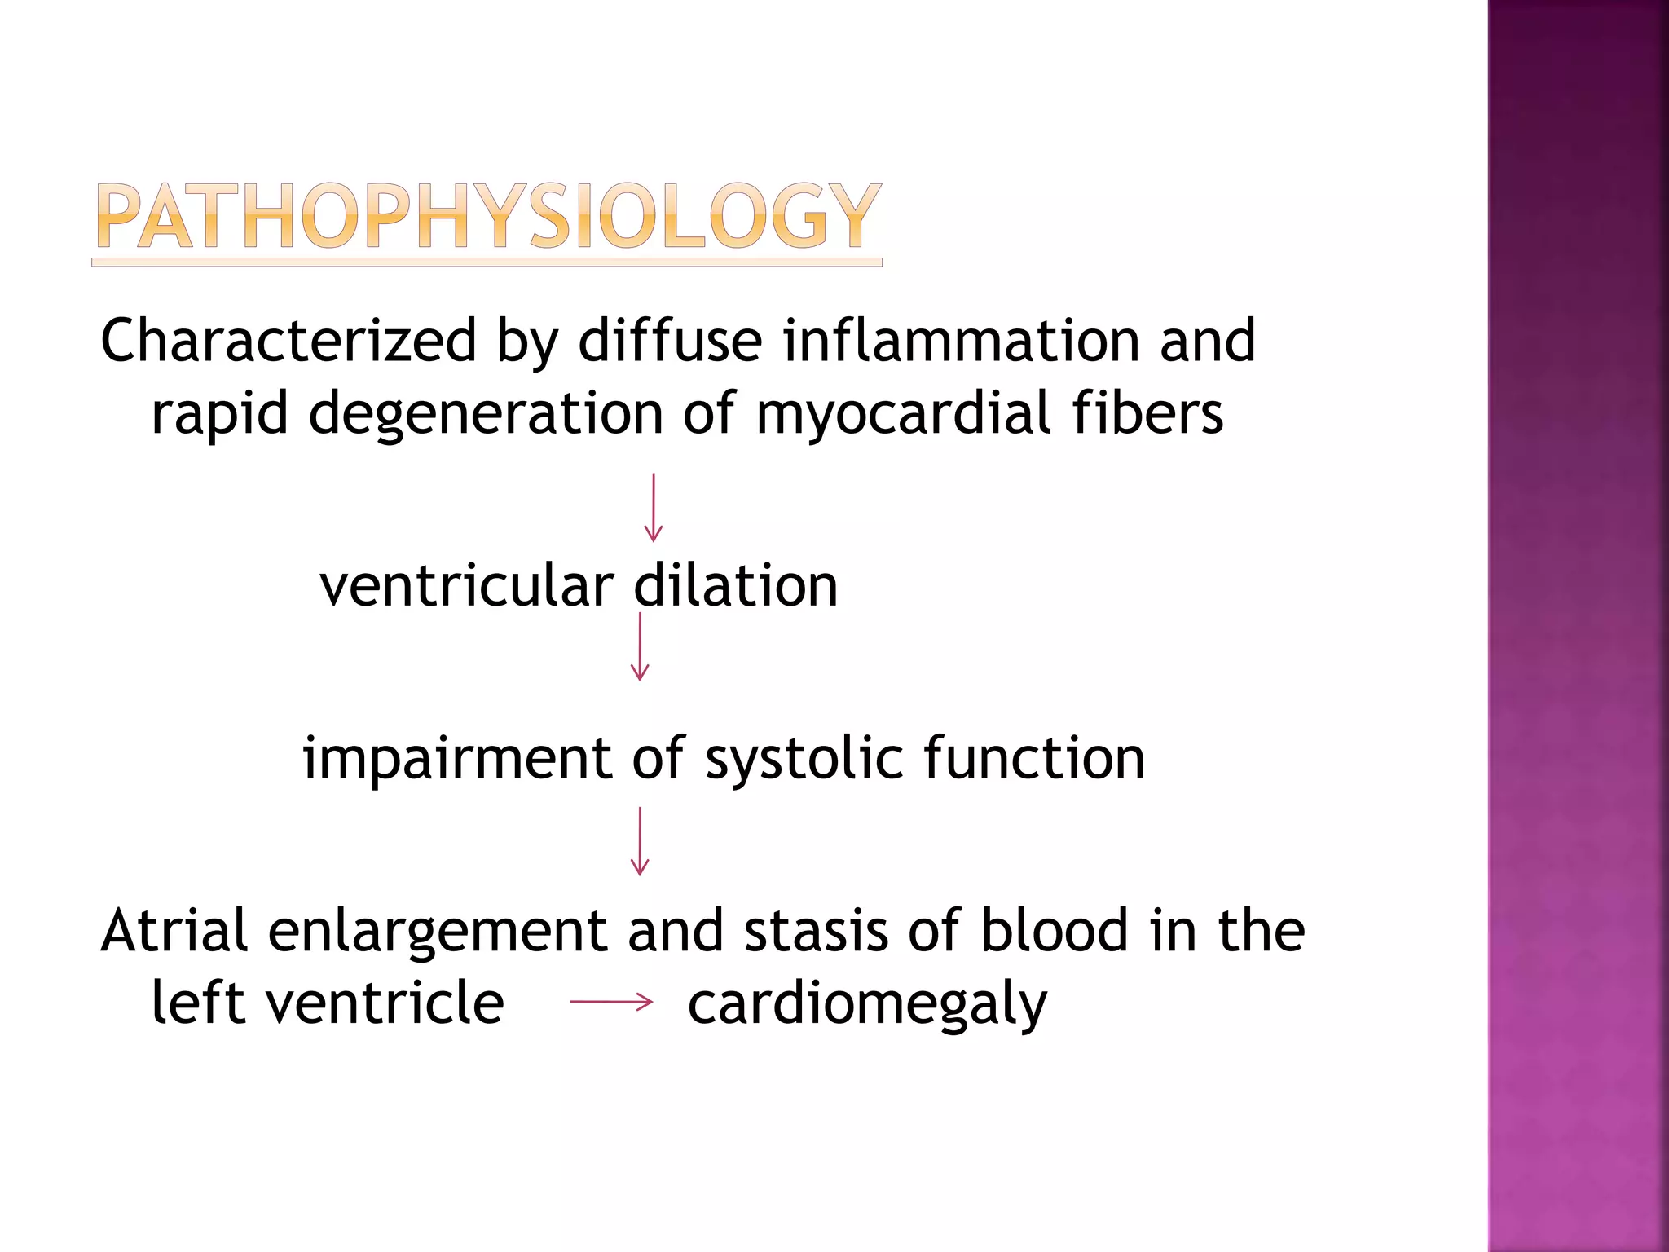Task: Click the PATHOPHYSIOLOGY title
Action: [487, 216]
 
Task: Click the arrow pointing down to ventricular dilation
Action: [653, 507]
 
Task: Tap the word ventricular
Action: [466, 586]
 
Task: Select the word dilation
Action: [736, 586]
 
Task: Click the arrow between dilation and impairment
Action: [640, 646]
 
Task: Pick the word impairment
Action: [456, 759]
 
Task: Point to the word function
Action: [1034, 758]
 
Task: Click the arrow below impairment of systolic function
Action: [640, 841]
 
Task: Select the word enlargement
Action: [438, 932]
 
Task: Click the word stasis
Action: [816, 931]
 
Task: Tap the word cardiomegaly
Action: [867, 1004]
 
